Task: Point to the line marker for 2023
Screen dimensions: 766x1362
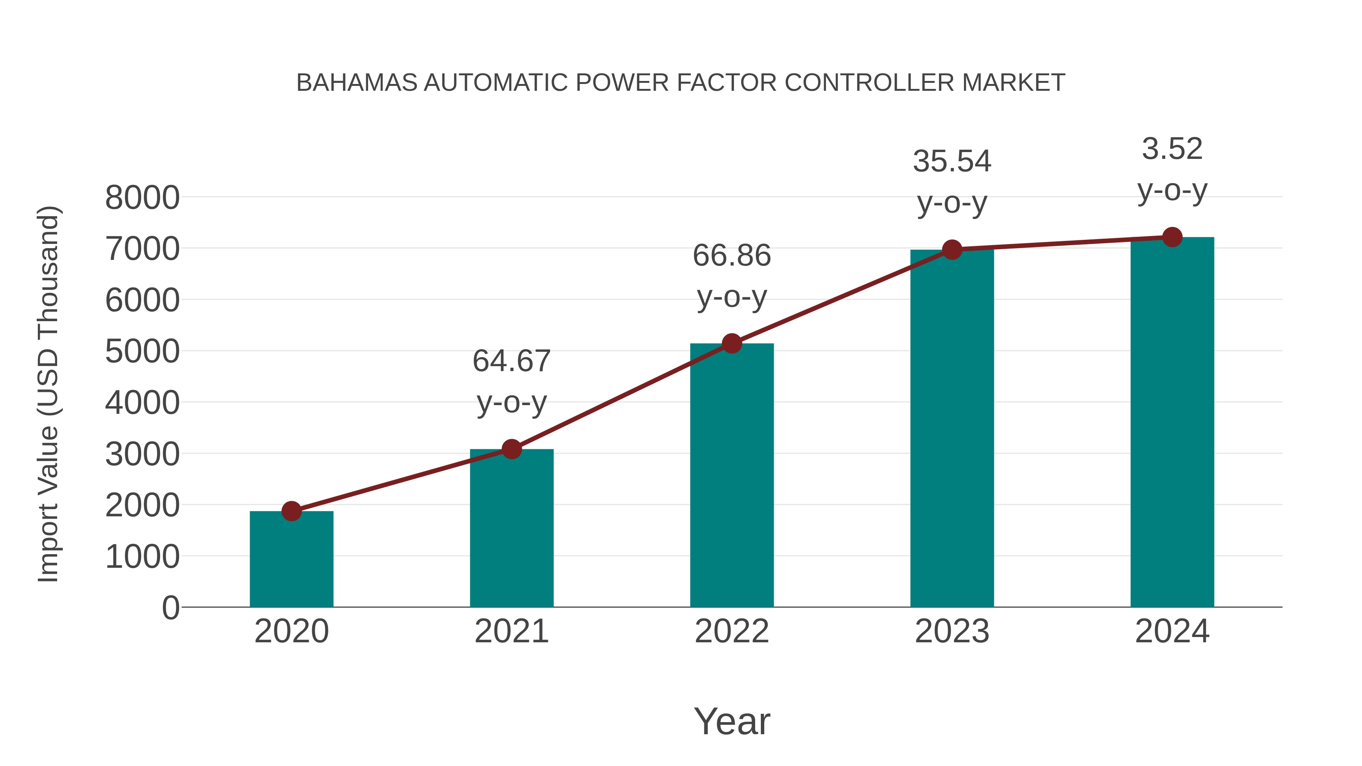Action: point(952,250)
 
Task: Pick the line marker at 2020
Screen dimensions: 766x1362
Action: point(291,511)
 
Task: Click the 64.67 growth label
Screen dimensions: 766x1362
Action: point(511,361)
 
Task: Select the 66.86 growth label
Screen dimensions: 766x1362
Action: point(732,256)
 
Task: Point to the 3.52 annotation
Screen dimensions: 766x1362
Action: point(1172,149)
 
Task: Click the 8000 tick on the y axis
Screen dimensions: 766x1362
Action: point(142,198)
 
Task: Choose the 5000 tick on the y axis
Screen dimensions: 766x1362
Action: point(142,351)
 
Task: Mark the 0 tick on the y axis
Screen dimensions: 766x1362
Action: point(170,608)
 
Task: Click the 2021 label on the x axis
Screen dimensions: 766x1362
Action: point(511,631)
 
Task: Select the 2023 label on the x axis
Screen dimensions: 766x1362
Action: point(952,631)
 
